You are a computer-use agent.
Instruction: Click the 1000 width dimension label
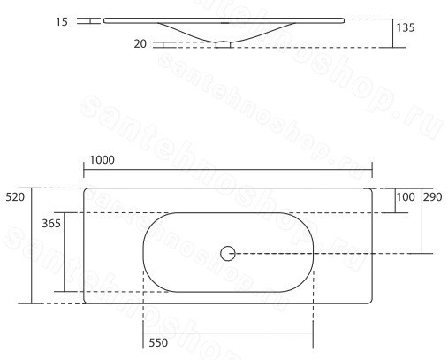(x=102, y=160)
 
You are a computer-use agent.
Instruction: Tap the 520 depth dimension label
(x=15, y=197)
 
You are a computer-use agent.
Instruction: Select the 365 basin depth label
(x=51, y=224)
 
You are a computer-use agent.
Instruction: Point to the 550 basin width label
(x=158, y=342)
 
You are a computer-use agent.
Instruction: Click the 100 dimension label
(x=406, y=197)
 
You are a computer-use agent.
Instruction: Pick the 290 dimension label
(x=432, y=197)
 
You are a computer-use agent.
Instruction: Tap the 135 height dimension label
(x=406, y=27)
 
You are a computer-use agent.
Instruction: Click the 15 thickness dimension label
(x=62, y=22)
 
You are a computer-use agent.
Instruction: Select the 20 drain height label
(x=140, y=44)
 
